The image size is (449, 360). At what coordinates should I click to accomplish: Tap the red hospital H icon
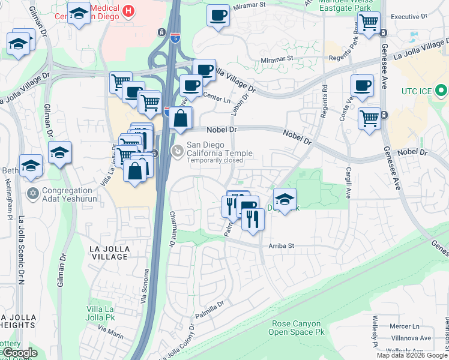coord(128,10)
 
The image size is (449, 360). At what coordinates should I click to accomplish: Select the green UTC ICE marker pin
coord(441,91)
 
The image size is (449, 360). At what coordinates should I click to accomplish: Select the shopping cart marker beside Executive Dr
coord(370,23)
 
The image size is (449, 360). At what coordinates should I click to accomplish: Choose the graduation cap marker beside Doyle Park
coord(285,199)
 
